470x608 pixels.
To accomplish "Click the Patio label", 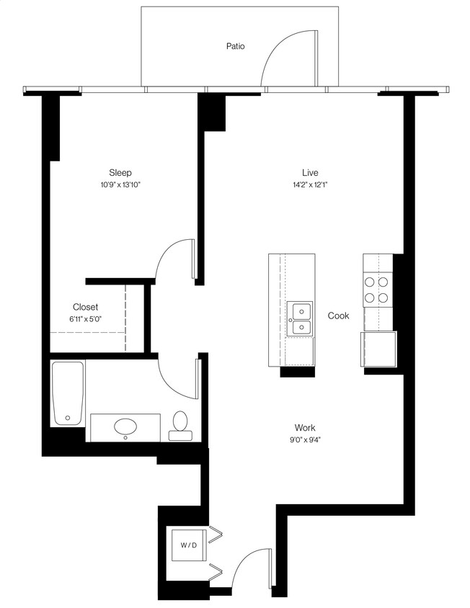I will point(235,46).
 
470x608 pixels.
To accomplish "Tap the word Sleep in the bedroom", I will point(120,172).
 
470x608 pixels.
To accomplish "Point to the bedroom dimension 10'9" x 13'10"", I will point(120,185).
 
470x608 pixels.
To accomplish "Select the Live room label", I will point(310,172).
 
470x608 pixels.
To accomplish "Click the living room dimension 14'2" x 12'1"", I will point(310,185).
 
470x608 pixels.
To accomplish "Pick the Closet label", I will point(85,307).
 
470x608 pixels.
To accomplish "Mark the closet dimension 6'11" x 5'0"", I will point(85,319).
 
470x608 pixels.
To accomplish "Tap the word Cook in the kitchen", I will point(338,316).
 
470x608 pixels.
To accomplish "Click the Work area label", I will point(306,427).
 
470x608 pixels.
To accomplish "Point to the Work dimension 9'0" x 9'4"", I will point(306,439).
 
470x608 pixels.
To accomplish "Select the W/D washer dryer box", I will point(188,545).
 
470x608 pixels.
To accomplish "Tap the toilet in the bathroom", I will point(179,425).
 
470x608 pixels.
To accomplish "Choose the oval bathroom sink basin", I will point(126,426).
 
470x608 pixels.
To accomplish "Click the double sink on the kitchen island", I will point(300,319).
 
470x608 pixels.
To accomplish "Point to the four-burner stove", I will point(376,290).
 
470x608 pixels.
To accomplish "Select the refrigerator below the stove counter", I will point(379,349).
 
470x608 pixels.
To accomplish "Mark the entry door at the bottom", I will point(253,568).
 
